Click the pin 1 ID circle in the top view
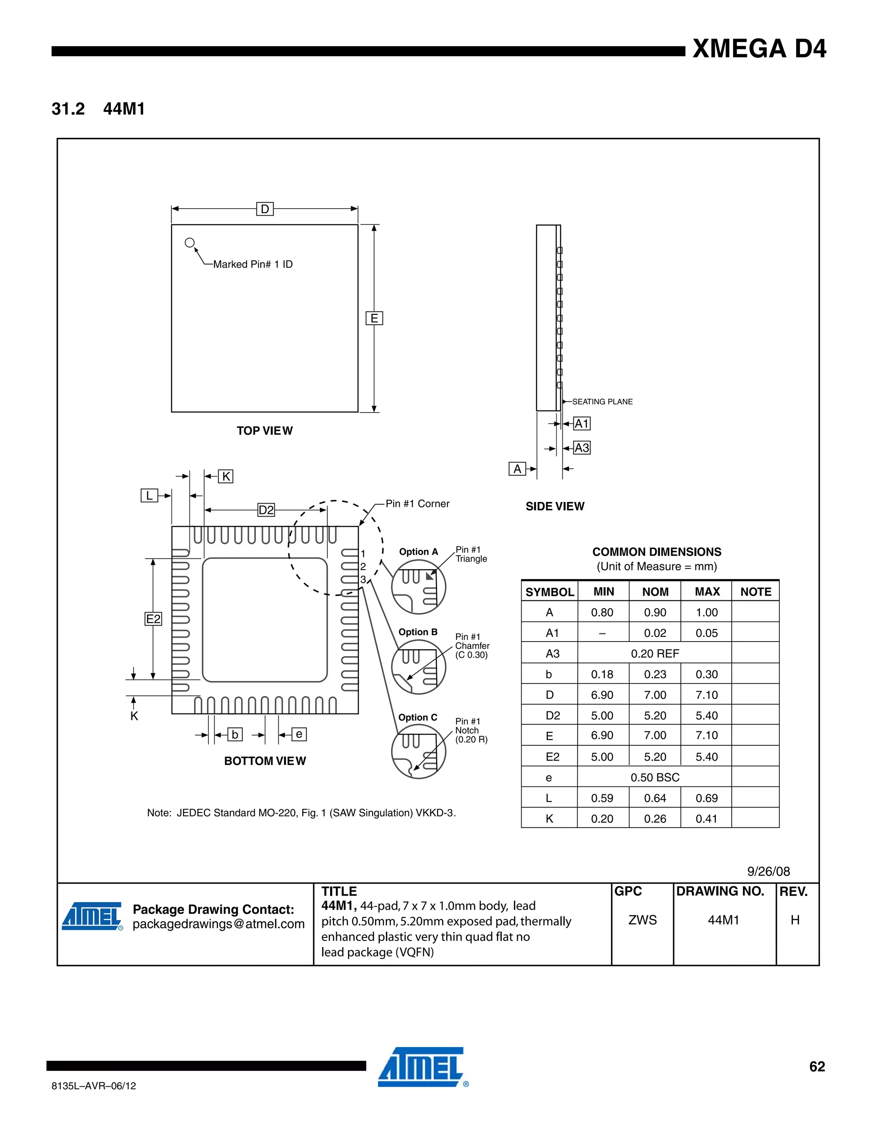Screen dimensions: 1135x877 pos(190,243)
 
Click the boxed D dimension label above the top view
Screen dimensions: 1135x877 pos(265,209)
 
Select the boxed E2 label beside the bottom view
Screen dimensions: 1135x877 pos(153,619)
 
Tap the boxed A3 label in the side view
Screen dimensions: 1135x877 pos(582,448)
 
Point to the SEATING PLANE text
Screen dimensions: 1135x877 pos(602,402)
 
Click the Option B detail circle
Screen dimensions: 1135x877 pos(418,667)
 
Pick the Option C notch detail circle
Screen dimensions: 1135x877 pos(418,752)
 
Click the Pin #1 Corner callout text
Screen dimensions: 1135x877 pos(417,504)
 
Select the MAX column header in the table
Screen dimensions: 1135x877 pos(707,591)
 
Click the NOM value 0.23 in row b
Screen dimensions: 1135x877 pos(655,674)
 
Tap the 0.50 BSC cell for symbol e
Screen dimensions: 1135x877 pos(655,777)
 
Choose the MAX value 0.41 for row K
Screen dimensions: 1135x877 pos(707,818)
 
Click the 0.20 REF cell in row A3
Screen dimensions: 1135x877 pos(655,653)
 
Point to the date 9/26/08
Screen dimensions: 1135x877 pos(768,872)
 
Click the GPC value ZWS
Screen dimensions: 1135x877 pos(642,920)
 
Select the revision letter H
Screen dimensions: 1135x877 pos(795,920)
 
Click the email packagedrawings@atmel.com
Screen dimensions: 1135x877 pos(218,924)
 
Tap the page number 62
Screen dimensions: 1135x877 pos(817,1066)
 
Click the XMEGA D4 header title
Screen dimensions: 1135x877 pos(759,49)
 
